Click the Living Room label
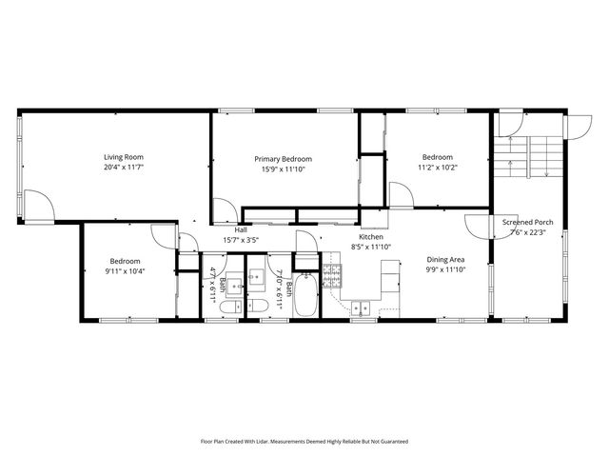[x=124, y=157]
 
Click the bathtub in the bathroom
[x=306, y=296]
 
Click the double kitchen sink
[x=362, y=307]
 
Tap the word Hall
[x=242, y=229]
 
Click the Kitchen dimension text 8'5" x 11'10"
[x=371, y=247]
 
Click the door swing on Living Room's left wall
[x=38, y=205]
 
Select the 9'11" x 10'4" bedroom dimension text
[x=125, y=271]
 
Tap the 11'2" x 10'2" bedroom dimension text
[x=438, y=168]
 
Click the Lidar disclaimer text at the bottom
[x=304, y=441]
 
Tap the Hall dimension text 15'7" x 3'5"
[x=242, y=240]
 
